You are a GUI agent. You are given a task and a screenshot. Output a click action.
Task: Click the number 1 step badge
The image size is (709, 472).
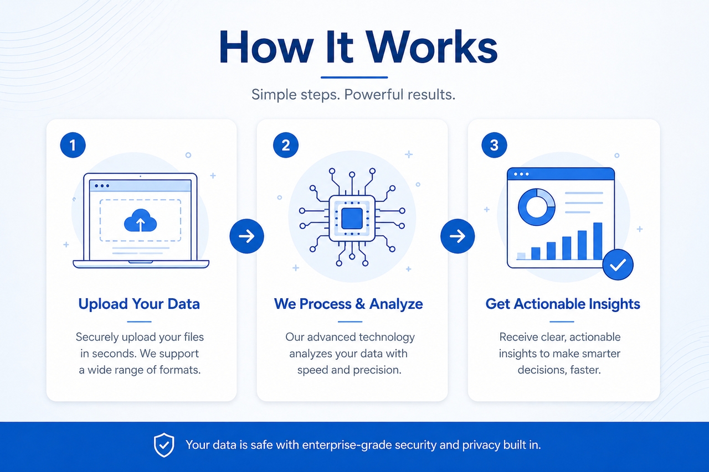point(73,145)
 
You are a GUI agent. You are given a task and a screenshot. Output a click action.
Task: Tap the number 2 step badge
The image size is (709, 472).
point(285,145)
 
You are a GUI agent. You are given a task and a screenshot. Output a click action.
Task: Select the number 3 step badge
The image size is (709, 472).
point(494,145)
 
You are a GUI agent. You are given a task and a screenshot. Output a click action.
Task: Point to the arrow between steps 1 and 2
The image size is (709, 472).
point(246,236)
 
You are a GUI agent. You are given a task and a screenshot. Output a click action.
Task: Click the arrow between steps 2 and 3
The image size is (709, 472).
point(458,236)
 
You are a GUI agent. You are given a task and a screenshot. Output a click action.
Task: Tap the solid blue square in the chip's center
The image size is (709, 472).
point(352,219)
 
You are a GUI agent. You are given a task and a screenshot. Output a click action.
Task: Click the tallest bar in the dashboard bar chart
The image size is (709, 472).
point(598,241)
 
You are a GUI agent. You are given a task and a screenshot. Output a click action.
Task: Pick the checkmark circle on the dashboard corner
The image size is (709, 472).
point(618,264)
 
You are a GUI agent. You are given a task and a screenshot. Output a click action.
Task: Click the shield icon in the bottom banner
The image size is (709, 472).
point(164,445)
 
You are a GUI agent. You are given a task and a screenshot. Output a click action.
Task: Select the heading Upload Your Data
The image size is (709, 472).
point(139,304)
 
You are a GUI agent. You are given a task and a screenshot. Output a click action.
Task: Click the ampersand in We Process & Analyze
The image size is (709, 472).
point(360,304)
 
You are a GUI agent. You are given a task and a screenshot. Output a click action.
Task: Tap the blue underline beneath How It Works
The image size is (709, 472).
point(354,77)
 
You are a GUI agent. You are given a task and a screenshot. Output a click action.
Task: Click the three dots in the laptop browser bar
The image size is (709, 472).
point(102,186)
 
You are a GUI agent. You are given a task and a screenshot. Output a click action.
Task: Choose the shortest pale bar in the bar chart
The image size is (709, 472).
point(521,256)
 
